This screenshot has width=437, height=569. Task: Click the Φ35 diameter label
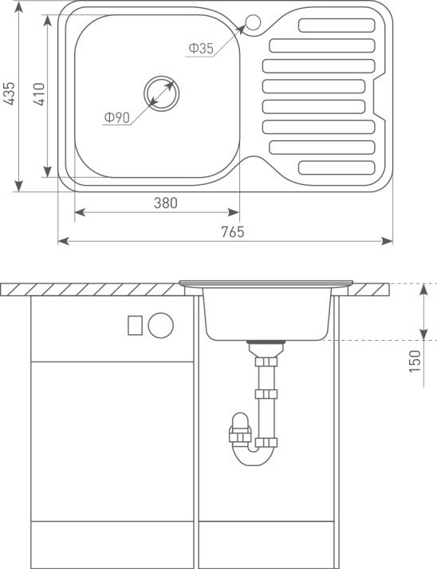pyautogui.click(x=201, y=48)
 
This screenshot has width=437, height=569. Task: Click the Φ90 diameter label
pyautogui.click(x=116, y=117)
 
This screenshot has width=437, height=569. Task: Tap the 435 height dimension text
pyautogui.click(x=9, y=93)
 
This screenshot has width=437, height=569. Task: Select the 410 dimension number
pyautogui.click(x=39, y=94)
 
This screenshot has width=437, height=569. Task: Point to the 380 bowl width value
pyautogui.click(x=166, y=203)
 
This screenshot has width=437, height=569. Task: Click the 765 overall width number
pyautogui.click(x=233, y=232)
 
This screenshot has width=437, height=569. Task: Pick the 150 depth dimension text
pyautogui.click(x=415, y=361)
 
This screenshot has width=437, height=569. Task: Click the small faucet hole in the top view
pyautogui.click(x=253, y=22)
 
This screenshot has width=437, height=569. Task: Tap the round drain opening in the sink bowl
pyautogui.click(x=161, y=93)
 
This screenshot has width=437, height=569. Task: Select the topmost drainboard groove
pyautogui.click(x=337, y=26)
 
